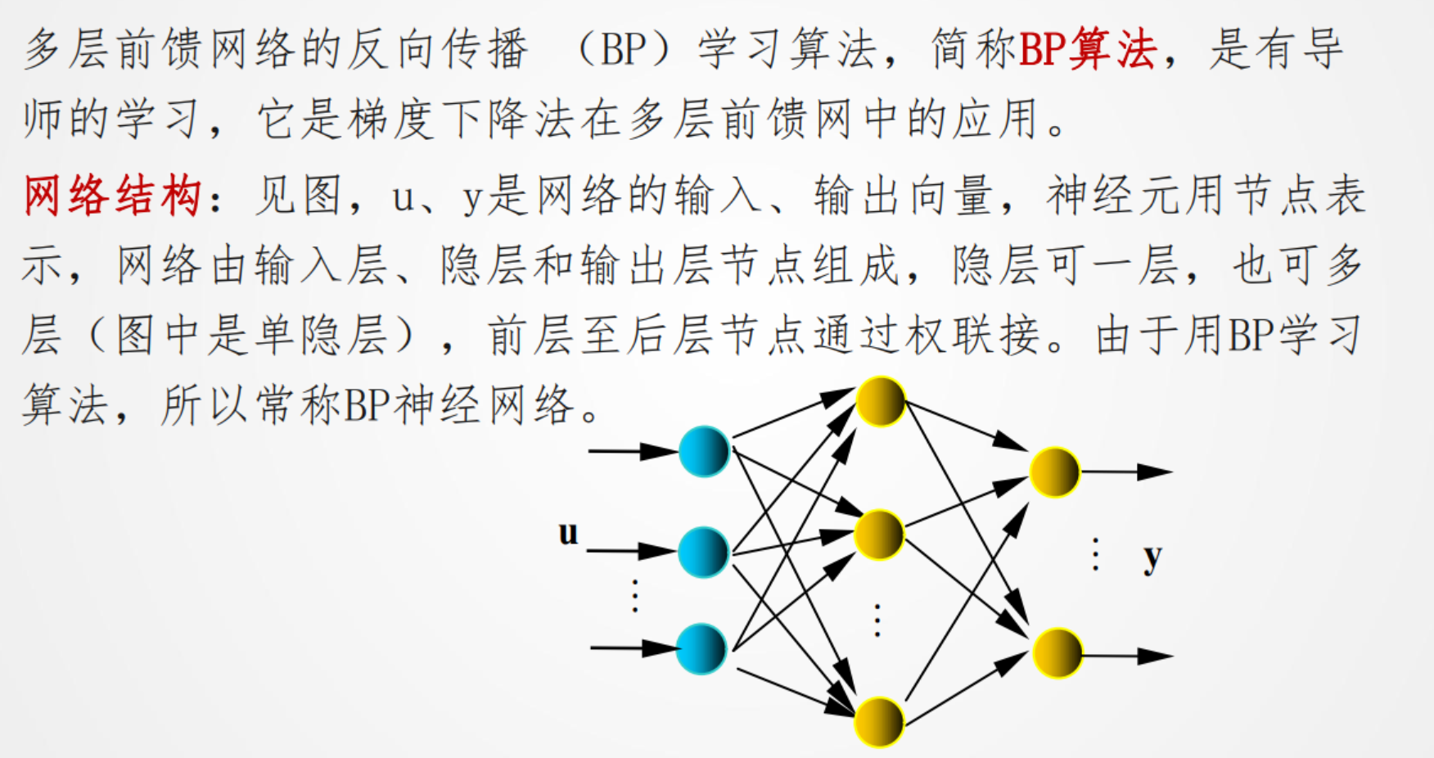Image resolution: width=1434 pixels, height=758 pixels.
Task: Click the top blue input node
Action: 704,451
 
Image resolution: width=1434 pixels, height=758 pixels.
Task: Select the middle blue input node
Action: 703,552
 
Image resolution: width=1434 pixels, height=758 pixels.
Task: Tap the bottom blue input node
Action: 702,649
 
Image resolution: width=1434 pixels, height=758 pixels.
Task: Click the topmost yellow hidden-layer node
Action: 880,401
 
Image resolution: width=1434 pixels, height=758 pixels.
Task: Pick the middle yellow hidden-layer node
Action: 879,535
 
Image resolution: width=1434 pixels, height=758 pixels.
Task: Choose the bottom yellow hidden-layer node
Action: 879,722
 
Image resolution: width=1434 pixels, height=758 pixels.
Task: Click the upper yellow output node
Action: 1055,472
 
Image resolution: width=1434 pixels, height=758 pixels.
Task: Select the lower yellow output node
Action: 1057,653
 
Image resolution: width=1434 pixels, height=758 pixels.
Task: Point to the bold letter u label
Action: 568,533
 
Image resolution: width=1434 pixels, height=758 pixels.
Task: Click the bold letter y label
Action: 1152,558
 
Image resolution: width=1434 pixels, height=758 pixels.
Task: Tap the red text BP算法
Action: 1087,49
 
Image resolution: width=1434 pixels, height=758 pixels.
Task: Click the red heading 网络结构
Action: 112,196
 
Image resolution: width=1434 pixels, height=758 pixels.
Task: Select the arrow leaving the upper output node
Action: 1128,472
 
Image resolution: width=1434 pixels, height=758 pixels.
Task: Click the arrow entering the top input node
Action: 632,451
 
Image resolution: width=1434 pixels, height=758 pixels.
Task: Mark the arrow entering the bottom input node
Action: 634,648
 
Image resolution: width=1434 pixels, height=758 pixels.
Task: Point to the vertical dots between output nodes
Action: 1095,554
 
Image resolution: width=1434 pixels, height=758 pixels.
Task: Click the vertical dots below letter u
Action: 635,595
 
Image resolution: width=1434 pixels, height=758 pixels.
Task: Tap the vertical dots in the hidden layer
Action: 877,620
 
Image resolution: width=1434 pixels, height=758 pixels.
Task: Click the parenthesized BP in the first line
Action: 625,49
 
